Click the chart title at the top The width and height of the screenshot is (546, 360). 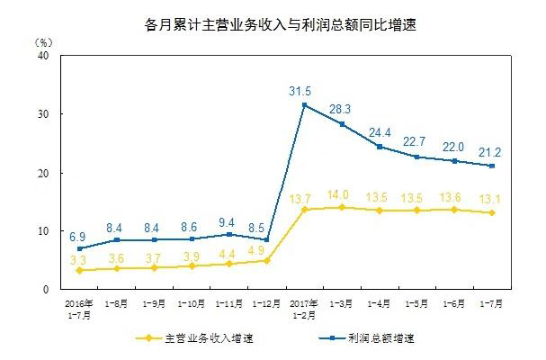click(x=272, y=24)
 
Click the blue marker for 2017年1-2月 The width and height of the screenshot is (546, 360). click(x=304, y=104)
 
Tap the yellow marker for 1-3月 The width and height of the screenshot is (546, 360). click(x=342, y=207)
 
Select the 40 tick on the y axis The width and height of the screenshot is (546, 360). click(x=41, y=55)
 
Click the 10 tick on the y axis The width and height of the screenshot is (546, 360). click(x=41, y=231)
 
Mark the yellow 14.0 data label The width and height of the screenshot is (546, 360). click(x=342, y=194)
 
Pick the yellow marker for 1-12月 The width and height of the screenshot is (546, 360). click(x=266, y=260)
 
